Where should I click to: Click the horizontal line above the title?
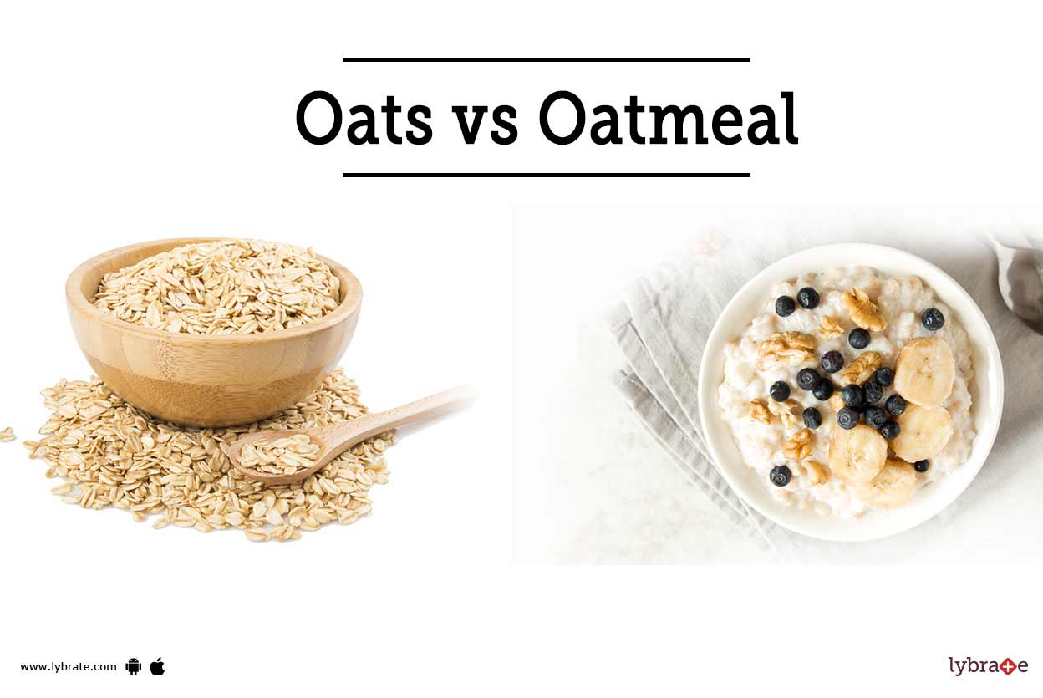point(547,59)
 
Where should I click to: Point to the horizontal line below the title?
point(547,175)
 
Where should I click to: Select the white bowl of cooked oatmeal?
point(850,391)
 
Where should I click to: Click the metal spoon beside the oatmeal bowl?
point(1019,279)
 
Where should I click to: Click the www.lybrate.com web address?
point(69,667)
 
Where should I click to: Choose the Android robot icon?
point(133,666)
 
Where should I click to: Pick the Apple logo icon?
point(157,666)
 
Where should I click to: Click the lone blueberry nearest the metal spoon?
point(932,319)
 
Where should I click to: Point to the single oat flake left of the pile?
point(8,435)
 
